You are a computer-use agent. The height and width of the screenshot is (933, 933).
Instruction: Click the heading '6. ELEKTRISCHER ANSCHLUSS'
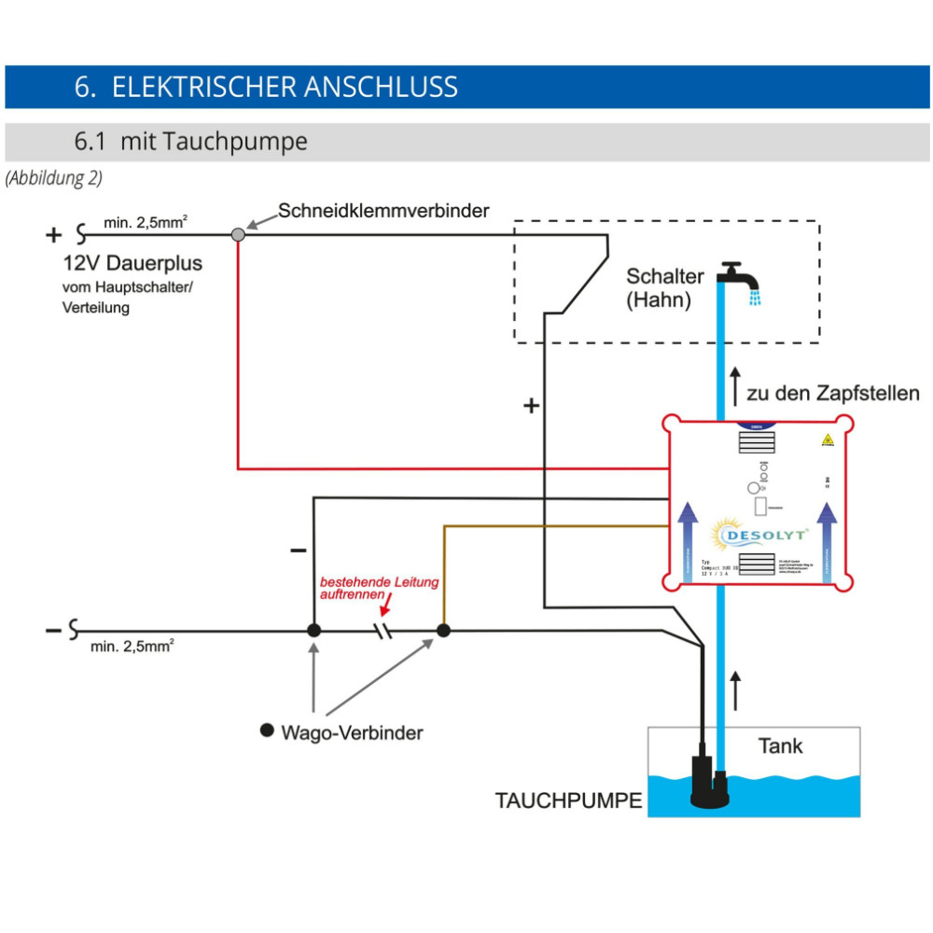coord(266,87)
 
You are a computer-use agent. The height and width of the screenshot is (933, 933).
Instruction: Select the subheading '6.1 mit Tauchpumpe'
coord(190,142)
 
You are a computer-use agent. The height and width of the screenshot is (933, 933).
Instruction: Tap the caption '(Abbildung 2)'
coord(53,177)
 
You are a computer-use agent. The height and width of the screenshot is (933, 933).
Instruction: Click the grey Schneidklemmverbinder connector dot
coord(238,234)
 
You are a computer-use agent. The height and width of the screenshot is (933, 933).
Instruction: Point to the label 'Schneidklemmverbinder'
coord(383,211)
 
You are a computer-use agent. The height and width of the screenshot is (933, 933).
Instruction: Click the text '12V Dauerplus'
coord(132,263)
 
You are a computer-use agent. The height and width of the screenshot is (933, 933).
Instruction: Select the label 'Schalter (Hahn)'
coord(664,288)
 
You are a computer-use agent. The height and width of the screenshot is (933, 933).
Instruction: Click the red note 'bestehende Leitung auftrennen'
coord(379,587)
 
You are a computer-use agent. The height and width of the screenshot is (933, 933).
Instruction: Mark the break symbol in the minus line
coord(383,632)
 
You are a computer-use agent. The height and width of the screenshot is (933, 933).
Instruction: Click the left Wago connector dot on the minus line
coord(314,631)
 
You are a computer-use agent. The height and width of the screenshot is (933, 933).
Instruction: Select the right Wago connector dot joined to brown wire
coord(444,631)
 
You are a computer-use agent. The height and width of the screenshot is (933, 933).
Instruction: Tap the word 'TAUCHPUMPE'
coord(568,801)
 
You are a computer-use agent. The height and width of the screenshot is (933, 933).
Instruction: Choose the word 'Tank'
coord(780,746)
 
